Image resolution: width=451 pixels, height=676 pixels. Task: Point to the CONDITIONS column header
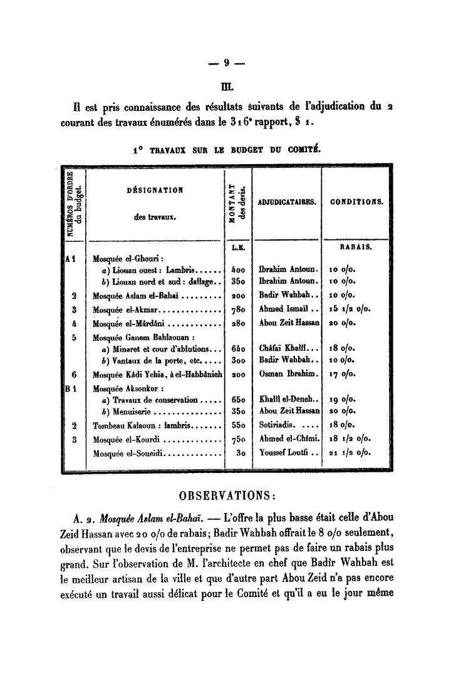355,202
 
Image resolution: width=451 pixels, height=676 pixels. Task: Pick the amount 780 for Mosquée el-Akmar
237,308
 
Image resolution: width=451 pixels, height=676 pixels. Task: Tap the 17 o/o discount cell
342,374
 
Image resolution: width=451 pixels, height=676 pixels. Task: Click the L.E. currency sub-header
237,247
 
